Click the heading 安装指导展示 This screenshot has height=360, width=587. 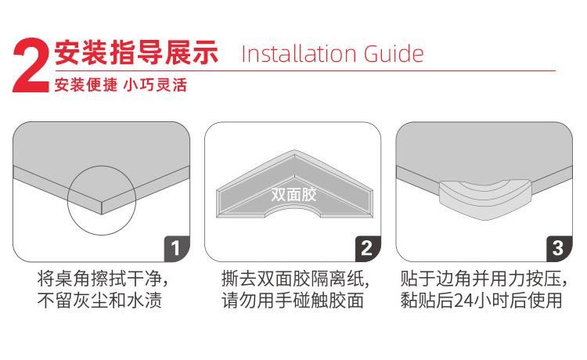point(135,53)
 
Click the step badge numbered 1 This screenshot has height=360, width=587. point(176,249)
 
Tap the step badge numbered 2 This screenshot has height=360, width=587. point(367,249)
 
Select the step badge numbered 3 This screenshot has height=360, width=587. point(558,249)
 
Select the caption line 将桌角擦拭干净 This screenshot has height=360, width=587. point(102,279)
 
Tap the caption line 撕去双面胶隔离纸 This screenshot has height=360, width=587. point(294,279)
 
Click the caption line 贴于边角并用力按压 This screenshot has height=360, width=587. point(483,279)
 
